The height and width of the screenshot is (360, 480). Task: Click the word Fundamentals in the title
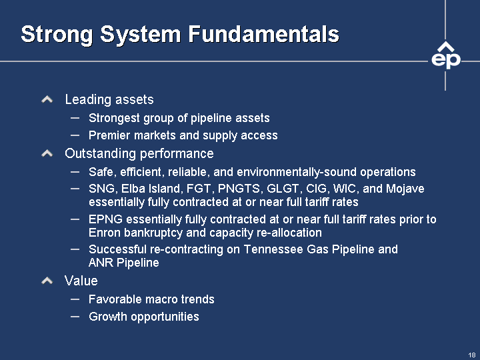(263, 34)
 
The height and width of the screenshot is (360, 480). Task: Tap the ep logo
(446, 56)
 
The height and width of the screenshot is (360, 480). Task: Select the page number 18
(472, 355)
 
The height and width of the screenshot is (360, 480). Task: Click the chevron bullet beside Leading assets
(47, 99)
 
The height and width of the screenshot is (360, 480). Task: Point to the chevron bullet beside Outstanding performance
(47, 153)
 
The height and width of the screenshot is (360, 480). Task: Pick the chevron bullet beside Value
(47, 281)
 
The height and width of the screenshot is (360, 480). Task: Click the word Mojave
(405, 189)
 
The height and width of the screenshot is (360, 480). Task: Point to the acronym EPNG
(105, 219)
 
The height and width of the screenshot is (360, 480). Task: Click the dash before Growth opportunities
(75, 317)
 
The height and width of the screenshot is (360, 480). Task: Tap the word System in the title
(140, 34)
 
